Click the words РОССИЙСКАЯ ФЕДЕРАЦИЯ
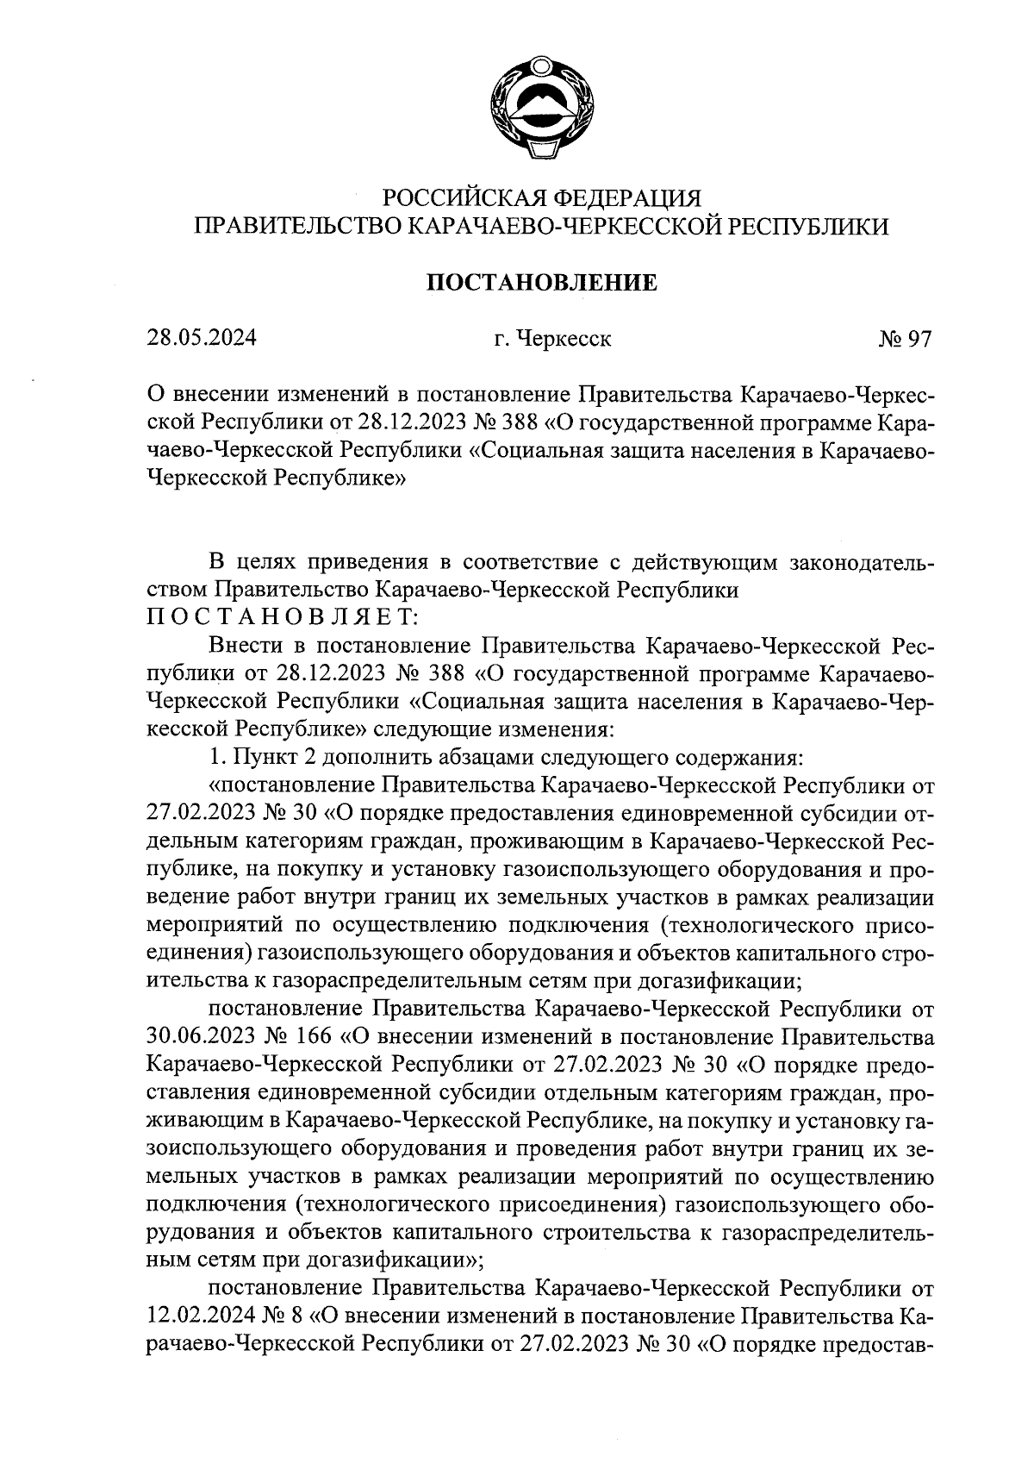542,198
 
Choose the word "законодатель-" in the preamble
863,563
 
